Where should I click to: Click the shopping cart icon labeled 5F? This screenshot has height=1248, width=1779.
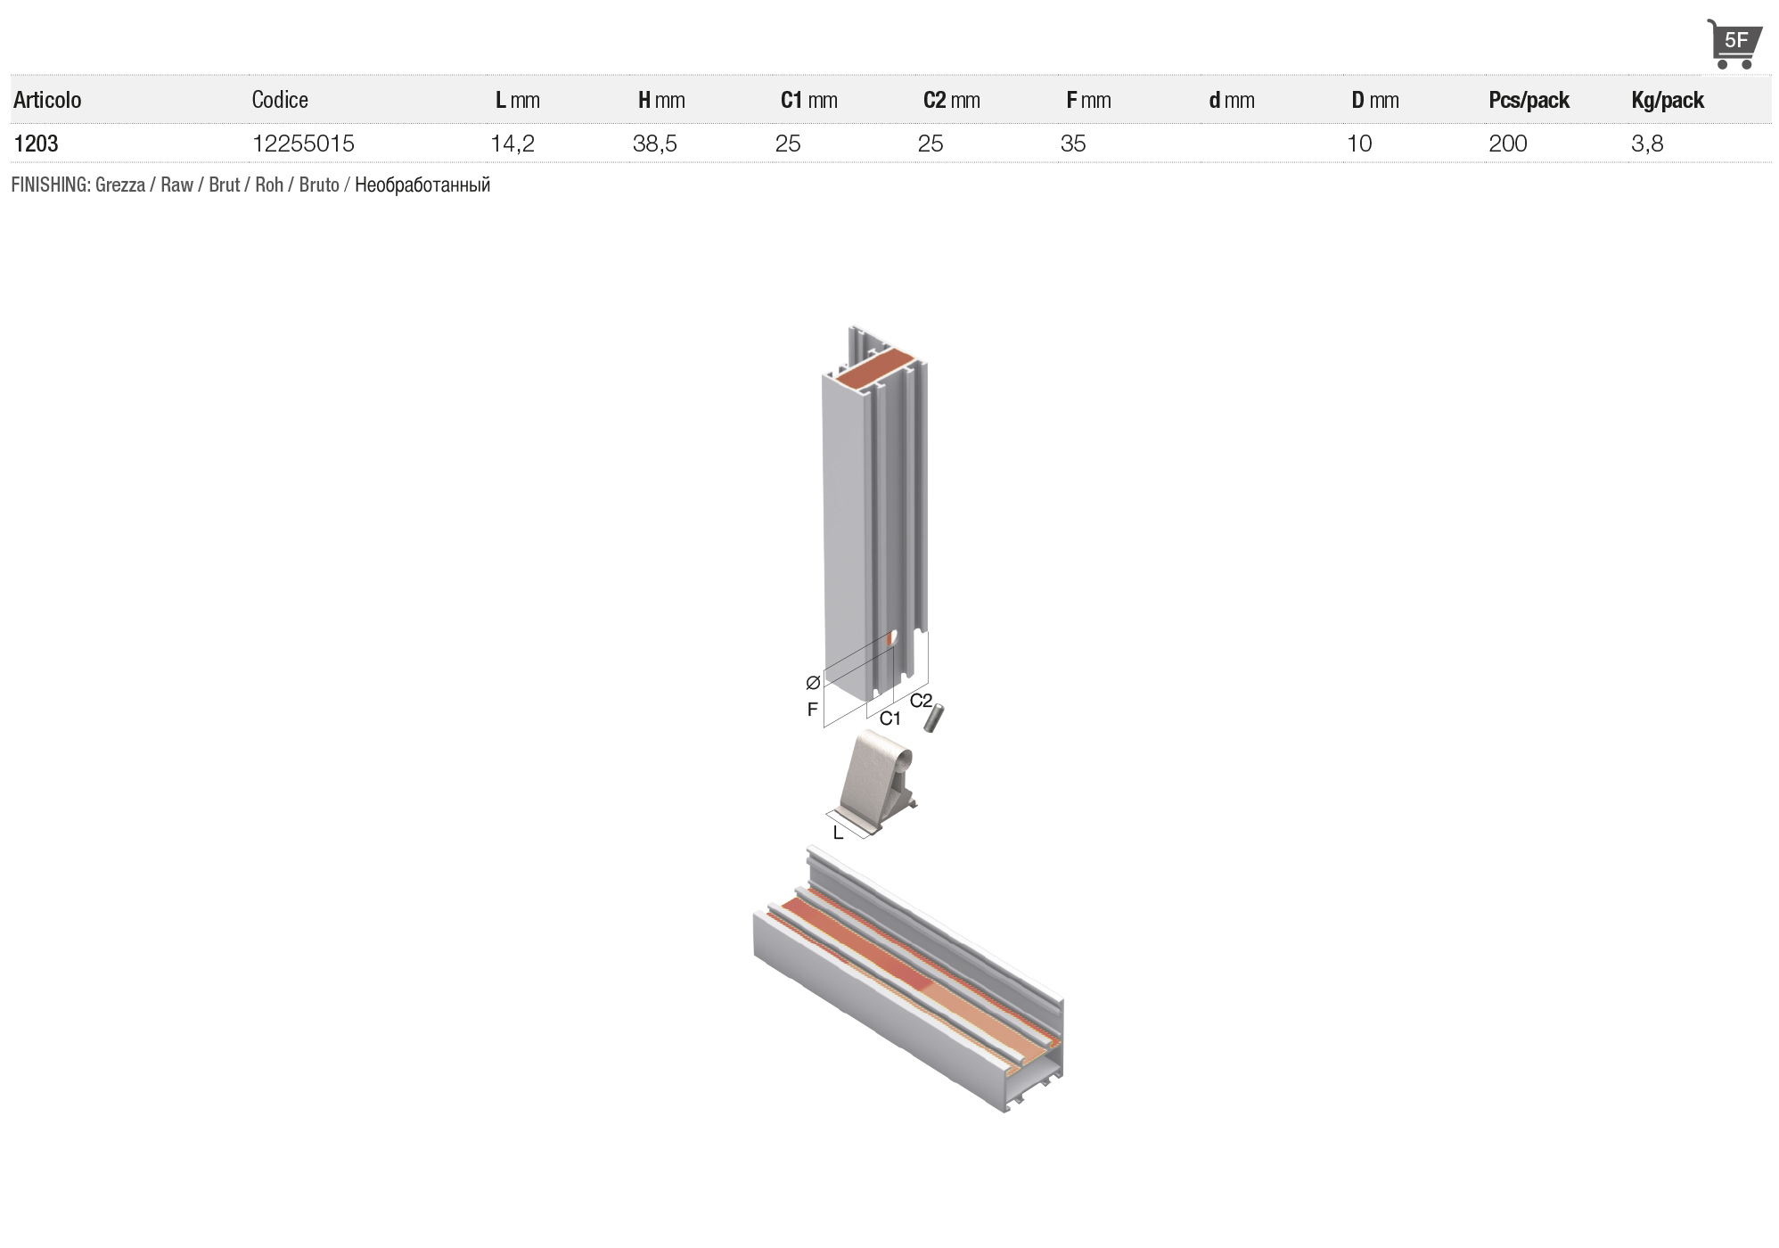click(x=1734, y=44)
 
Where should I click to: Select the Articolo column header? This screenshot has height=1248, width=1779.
click(x=47, y=100)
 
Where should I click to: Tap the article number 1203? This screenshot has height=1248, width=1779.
click(x=36, y=144)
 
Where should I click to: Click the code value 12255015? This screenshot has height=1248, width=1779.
click(x=303, y=144)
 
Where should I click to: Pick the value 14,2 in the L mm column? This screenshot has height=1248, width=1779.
click(x=512, y=144)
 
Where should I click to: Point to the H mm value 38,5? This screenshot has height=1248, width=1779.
click(x=655, y=144)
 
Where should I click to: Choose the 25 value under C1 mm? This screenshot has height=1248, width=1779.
click(x=788, y=144)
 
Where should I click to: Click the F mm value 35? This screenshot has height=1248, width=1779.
click(x=1073, y=144)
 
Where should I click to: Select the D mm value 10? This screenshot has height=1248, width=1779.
click(x=1359, y=144)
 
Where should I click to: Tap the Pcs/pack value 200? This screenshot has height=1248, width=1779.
click(x=1508, y=144)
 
